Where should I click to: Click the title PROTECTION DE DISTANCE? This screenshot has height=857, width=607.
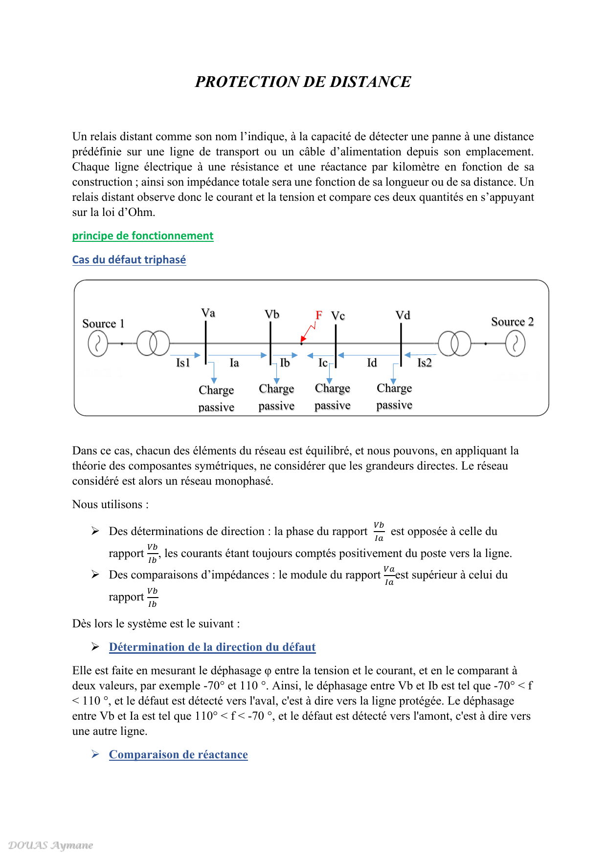click(x=303, y=82)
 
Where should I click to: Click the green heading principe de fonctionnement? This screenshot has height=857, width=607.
click(x=143, y=236)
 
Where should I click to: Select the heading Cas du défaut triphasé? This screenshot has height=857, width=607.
click(x=129, y=260)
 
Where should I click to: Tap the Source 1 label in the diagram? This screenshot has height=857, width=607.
click(x=103, y=323)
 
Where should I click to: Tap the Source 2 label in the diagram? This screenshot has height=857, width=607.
click(x=512, y=321)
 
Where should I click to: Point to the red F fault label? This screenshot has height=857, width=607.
click(x=319, y=315)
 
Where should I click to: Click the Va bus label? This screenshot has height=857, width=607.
click(x=208, y=313)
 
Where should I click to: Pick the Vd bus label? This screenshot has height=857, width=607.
click(x=403, y=315)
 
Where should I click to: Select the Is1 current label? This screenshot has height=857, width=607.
click(x=183, y=363)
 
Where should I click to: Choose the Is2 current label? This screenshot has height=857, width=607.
click(x=425, y=363)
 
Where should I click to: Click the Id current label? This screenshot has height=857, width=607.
click(x=372, y=363)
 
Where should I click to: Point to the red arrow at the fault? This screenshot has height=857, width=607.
click(x=308, y=333)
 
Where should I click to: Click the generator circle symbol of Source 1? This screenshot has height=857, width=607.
click(x=98, y=343)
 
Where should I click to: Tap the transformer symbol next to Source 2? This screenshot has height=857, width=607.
click(x=454, y=343)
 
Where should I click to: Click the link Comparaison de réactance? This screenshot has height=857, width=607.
click(x=178, y=754)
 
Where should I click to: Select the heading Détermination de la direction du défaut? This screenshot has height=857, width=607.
click(x=212, y=647)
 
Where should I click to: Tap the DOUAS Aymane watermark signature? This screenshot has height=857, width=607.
click(x=51, y=845)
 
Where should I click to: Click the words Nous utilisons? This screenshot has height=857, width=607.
click(x=110, y=504)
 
